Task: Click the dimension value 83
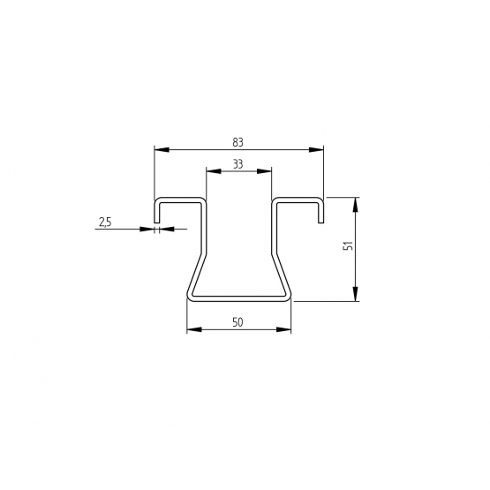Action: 237,142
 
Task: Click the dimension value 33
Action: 237,164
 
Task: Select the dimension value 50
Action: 237,322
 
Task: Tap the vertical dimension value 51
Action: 348,245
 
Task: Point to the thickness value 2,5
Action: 105,222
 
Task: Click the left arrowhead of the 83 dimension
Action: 162,150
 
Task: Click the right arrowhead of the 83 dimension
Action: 316,150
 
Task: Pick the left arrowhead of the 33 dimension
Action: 214,171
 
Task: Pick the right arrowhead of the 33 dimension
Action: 264,171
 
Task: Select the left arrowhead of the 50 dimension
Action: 194,329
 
